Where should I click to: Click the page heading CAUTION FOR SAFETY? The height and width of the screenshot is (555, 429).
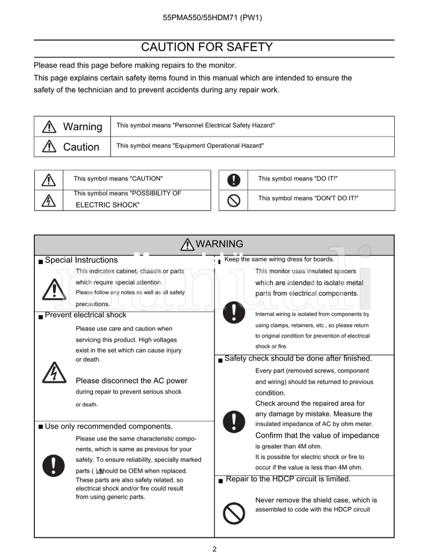pyautogui.click(x=206, y=47)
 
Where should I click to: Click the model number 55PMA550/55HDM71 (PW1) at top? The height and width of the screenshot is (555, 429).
pyautogui.click(x=212, y=18)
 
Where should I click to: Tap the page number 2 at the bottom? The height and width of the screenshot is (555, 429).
pyautogui.click(x=214, y=549)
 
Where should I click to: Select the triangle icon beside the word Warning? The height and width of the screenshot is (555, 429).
pyautogui.click(x=48, y=126)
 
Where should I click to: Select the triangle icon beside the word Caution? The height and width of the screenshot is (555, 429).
pyautogui.click(x=48, y=146)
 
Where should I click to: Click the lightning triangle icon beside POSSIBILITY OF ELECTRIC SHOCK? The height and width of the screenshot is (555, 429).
pyautogui.click(x=49, y=200)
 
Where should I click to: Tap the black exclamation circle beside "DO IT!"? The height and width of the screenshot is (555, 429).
pyautogui.click(x=233, y=180)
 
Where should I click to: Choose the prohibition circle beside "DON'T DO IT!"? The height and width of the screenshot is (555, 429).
pyautogui.click(x=233, y=200)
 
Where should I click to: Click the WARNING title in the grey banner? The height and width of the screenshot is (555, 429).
pyautogui.click(x=219, y=244)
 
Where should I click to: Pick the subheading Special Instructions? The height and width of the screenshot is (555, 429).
pyautogui.click(x=81, y=260)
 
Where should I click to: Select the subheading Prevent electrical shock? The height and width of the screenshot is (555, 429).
pyautogui.click(x=85, y=315)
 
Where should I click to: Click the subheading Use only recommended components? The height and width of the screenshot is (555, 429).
pyautogui.click(x=108, y=426)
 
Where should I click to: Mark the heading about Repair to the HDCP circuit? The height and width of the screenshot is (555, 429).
pyautogui.click(x=288, y=479)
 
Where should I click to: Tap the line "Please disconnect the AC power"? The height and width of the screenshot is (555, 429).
pyautogui.click(x=131, y=381)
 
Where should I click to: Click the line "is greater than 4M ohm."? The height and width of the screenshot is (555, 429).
pyautogui.click(x=289, y=446)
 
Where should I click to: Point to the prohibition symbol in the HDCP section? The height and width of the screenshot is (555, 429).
pyautogui.click(x=233, y=514)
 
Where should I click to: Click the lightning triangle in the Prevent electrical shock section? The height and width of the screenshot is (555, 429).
pyautogui.click(x=54, y=373)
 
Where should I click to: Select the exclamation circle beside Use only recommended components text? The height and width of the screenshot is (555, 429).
pyautogui.click(x=54, y=465)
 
